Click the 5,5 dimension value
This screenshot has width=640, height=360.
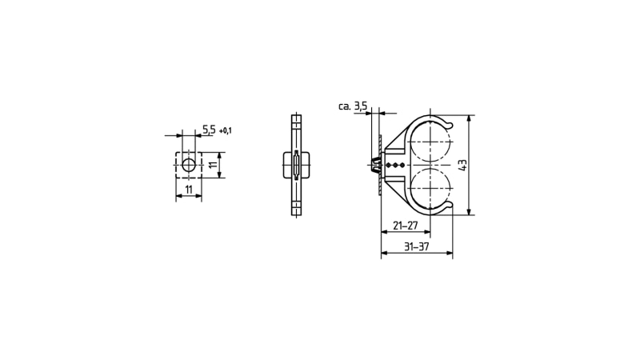coord(209,130)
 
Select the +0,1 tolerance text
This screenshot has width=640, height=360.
coord(226,131)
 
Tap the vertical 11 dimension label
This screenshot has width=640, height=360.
coord(213,166)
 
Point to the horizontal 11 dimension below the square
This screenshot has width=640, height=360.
coord(189,190)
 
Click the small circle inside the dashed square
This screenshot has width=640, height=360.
coord(189,166)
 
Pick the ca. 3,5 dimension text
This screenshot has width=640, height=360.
coord(353,106)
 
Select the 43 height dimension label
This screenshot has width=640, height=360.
coord(463,166)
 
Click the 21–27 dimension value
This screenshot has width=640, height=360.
coord(406,226)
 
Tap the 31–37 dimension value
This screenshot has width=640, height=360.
coord(416,246)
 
